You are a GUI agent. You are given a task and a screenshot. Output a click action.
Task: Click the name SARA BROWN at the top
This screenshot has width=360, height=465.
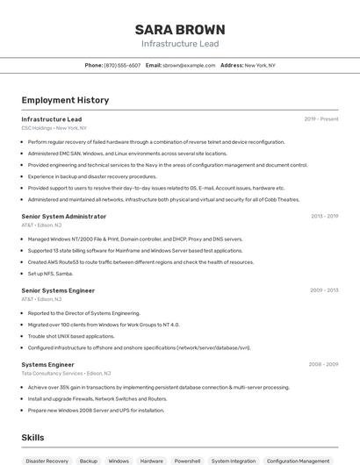point(180,29)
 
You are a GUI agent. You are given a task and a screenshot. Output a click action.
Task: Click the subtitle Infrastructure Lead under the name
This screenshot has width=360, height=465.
point(180,44)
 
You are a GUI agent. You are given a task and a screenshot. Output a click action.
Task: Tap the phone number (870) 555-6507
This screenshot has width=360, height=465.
point(122,66)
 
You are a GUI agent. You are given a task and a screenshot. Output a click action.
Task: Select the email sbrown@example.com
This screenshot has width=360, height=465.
point(188,66)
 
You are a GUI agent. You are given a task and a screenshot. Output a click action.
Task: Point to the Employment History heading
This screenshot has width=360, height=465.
point(65,100)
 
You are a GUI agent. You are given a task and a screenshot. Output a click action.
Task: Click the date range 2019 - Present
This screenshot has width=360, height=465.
point(321,119)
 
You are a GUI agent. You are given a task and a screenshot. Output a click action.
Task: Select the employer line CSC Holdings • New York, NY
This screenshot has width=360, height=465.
point(54,128)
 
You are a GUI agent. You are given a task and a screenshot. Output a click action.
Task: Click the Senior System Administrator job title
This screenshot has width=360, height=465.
point(63,216)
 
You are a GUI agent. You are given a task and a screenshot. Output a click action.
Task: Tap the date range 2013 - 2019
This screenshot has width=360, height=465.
point(324,216)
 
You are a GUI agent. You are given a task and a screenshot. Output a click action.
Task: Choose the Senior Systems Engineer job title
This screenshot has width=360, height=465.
point(58,290)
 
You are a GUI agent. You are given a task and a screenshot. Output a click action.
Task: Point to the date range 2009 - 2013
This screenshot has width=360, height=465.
point(324,290)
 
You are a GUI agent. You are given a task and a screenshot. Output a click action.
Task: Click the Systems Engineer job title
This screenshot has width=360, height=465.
point(47,364)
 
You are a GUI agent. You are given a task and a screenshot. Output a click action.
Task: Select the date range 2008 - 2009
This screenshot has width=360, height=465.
point(323,364)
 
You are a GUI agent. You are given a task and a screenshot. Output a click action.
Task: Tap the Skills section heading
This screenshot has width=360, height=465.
point(32,437)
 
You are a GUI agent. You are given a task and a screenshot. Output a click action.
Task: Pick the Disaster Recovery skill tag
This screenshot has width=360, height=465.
point(47,461)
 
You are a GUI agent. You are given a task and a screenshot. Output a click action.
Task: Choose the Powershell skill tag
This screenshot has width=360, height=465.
point(187,461)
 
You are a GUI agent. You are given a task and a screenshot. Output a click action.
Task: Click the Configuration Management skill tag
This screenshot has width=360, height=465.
point(298,461)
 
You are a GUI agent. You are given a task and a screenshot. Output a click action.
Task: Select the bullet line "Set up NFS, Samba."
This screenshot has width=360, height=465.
point(50,273)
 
